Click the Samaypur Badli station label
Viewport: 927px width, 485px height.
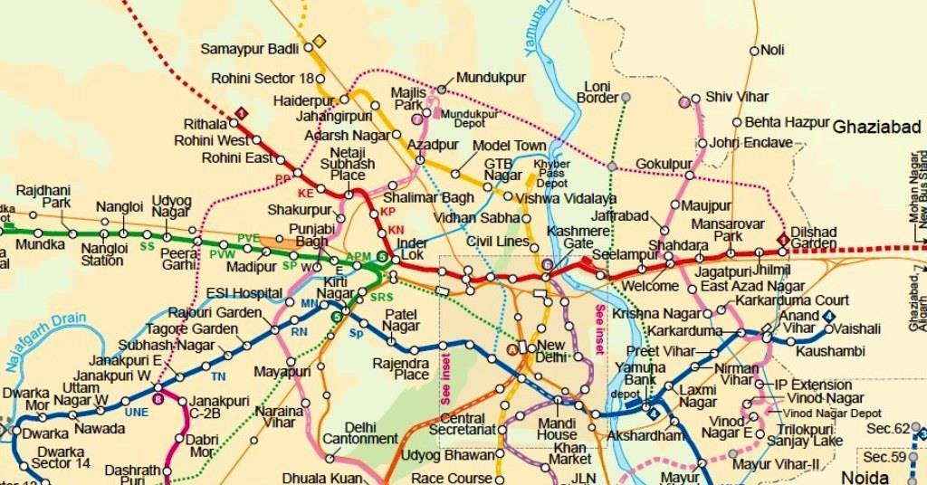pos(250,48)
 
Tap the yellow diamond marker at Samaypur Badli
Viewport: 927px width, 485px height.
pos(319,41)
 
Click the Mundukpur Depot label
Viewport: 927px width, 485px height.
pos(470,119)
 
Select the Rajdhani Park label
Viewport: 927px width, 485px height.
pos(43,196)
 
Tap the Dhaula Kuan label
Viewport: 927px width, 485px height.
pos(321,477)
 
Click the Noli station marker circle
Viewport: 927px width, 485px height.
pos(752,51)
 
